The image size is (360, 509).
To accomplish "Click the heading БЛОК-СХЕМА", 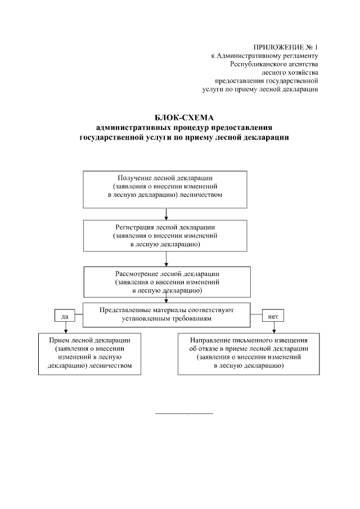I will (184, 118).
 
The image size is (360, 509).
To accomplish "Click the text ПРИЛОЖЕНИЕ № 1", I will (286, 47).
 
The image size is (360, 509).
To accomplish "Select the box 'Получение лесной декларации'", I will (166, 188).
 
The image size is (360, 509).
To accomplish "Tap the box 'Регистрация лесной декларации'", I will (165, 236).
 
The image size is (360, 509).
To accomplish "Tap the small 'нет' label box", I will (273, 316).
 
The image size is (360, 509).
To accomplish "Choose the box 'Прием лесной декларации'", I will (90, 354).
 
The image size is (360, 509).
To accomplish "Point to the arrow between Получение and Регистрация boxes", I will (166, 214).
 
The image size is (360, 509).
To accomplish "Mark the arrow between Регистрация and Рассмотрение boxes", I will (166, 260).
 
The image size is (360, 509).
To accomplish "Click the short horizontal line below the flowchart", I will (184, 414).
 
